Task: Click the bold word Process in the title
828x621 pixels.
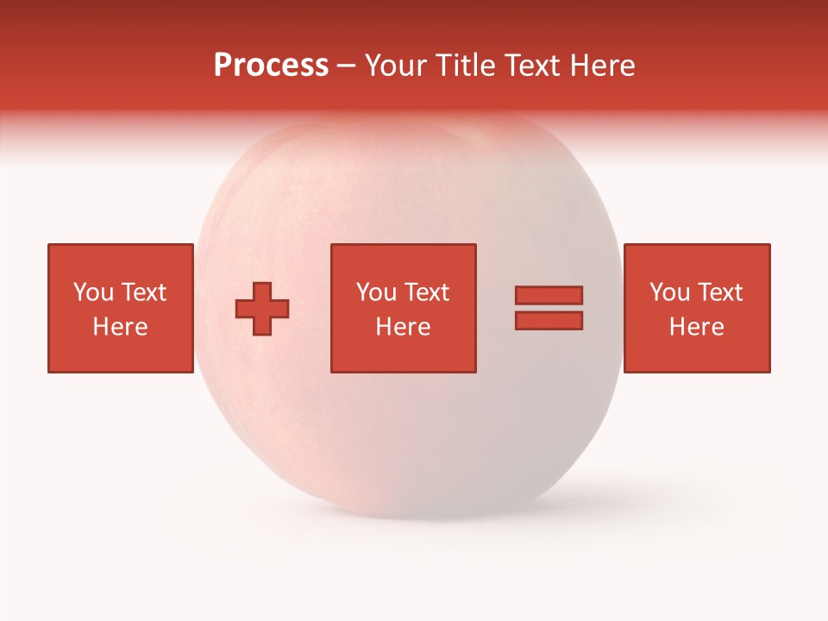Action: point(271,66)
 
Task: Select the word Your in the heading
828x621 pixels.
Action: point(397,66)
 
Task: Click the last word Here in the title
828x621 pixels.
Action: point(603,66)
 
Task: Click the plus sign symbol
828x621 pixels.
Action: point(262,309)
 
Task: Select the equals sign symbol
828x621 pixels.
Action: point(549,308)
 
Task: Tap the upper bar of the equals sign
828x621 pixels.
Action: point(549,296)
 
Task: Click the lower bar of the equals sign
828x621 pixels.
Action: point(549,320)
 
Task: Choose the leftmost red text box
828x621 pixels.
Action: point(121,308)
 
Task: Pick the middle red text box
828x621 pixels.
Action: point(404,308)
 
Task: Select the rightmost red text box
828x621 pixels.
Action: point(697,308)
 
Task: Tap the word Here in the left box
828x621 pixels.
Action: point(121,327)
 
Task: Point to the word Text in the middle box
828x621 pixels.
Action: point(426,292)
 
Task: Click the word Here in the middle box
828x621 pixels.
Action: point(404,327)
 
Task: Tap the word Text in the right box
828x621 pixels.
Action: point(719,292)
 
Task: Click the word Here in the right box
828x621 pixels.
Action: point(697,327)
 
